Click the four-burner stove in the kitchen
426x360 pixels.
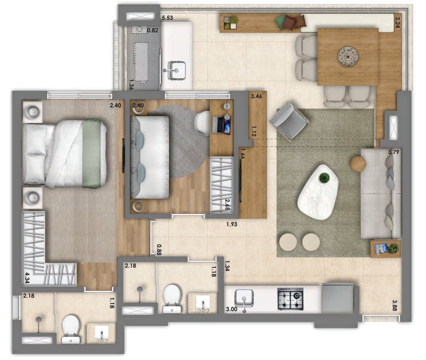(x=291, y=299)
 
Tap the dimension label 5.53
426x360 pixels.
(x=167, y=18)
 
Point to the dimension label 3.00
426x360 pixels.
(x=231, y=308)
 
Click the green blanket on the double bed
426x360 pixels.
(x=92, y=153)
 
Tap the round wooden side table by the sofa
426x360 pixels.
(x=358, y=164)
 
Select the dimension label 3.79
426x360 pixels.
(x=394, y=152)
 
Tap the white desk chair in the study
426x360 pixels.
(x=202, y=123)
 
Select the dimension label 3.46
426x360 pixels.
(x=256, y=97)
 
